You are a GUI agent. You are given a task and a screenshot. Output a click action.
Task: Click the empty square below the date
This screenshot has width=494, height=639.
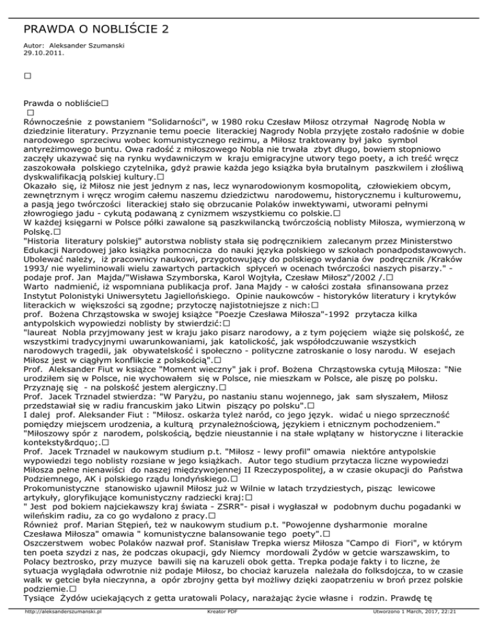click(x=27, y=76)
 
